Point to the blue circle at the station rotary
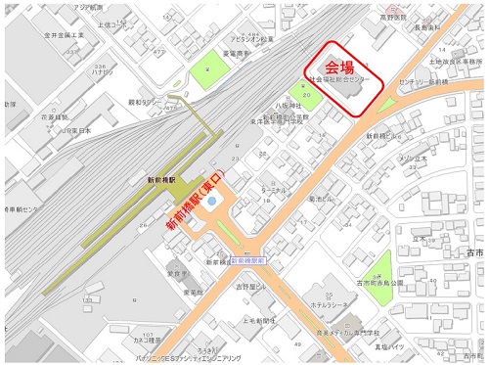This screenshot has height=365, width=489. point(213,201)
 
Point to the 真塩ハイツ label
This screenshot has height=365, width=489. point(393,345)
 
